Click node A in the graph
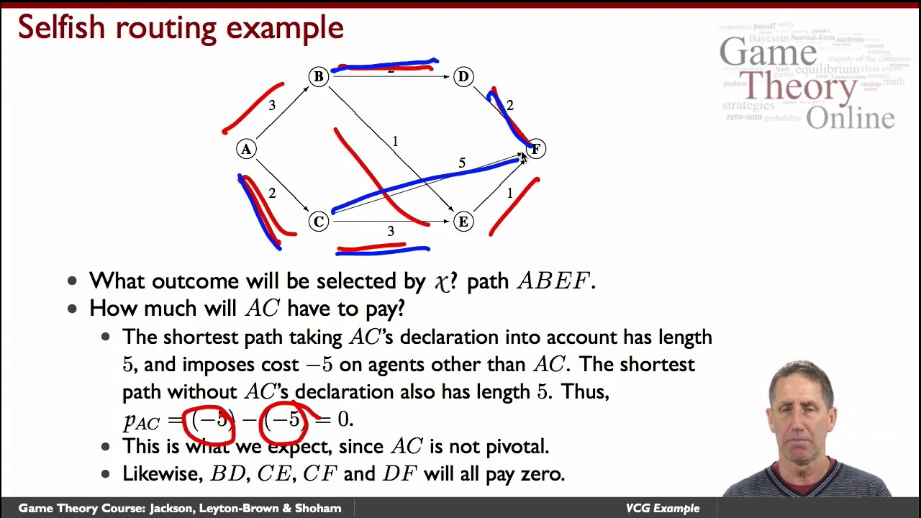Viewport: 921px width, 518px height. (x=246, y=149)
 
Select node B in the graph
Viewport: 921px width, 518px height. (x=318, y=76)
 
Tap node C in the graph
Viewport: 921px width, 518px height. (x=318, y=222)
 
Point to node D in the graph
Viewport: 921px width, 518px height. (x=463, y=76)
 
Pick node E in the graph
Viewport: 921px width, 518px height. (x=463, y=222)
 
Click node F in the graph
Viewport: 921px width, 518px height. (x=536, y=149)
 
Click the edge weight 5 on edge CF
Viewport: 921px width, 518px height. (x=462, y=163)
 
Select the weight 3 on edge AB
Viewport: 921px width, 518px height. (x=271, y=106)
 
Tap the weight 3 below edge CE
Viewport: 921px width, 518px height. (x=391, y=231)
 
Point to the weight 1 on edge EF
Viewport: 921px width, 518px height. (x=510, y=193)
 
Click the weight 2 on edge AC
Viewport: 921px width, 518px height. (x=271, y=193)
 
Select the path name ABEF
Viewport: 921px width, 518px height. (x=553, y=281)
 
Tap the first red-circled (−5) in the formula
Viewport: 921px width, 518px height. (x=210, y=419)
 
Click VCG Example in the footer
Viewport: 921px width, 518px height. (x=662, y=508)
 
